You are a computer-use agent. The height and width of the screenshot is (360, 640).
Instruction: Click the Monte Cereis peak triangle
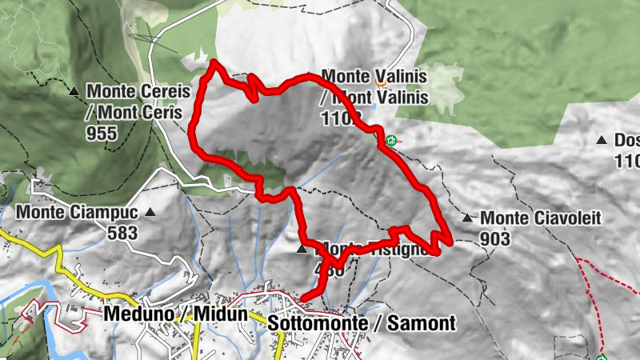74,92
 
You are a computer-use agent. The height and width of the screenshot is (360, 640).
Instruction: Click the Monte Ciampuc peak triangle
150,213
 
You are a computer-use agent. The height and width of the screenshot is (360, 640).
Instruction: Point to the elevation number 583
122,234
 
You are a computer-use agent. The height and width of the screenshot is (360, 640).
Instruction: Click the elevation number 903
496,238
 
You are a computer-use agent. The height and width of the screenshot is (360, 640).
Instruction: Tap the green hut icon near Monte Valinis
390,142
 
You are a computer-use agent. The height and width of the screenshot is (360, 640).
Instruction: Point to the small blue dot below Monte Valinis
375,106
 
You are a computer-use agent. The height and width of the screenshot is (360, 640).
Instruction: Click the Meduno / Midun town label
175,314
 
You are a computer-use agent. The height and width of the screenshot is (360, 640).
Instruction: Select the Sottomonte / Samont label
362,323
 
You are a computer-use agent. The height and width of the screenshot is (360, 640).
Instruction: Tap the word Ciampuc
105,213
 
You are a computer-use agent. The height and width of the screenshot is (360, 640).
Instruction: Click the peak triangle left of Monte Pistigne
302,250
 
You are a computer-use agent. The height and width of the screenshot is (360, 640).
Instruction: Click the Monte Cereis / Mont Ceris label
136,102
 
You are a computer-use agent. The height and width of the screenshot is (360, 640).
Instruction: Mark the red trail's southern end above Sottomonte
302,300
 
